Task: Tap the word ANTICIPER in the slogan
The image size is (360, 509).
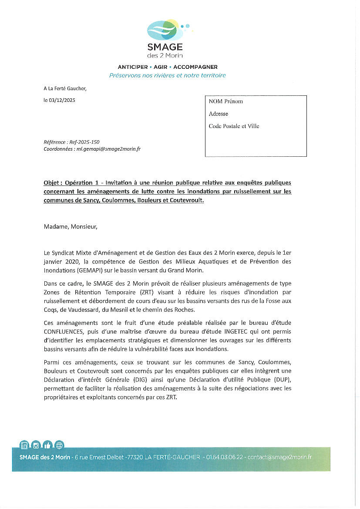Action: click(133, 67)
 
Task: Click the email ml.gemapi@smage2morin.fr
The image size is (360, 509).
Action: click(108, 149)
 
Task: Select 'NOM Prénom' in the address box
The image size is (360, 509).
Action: click(225, 101)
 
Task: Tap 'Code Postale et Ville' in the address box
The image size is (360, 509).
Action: click(234, 126)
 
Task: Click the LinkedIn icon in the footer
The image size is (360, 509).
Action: click(24, 445)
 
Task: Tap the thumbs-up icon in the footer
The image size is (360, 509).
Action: click(47, 445)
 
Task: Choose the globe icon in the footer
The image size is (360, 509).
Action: click(59, 445)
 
